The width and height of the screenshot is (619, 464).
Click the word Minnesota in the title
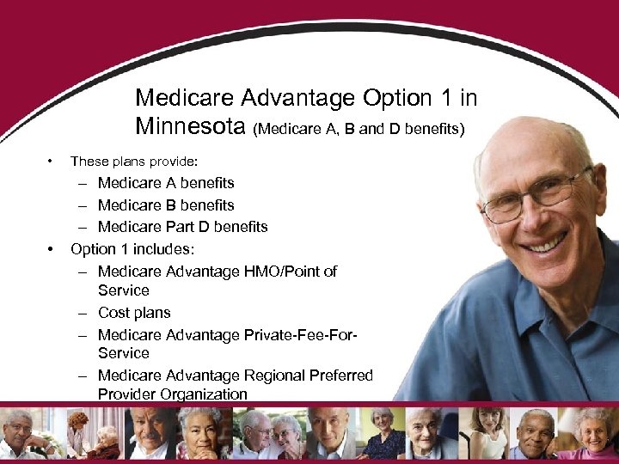click(190, 126)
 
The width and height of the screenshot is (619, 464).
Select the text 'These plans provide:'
click(133, 161)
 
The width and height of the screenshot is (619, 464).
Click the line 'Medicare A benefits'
click(166, 183)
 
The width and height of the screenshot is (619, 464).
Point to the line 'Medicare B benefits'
click(166, 205)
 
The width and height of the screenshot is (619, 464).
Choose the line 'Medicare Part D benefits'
click(182, 227)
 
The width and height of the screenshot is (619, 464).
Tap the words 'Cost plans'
click(134, 313)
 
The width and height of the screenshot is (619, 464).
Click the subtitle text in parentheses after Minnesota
click(359, 129)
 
